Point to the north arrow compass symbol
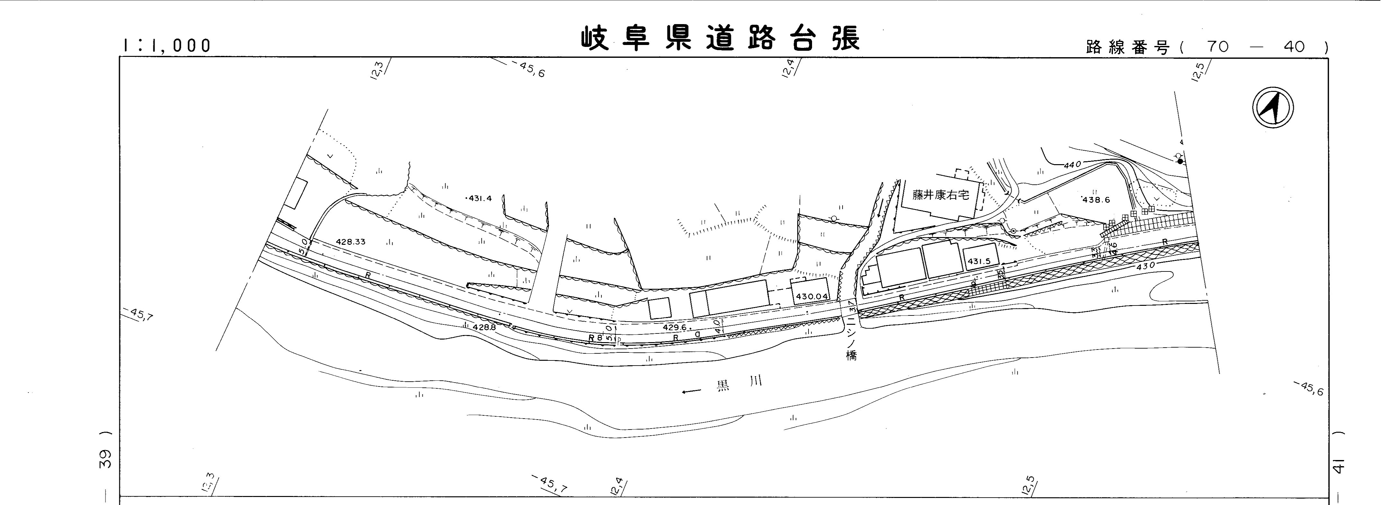1273,108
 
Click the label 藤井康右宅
941,196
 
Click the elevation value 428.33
350,242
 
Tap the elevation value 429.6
674,327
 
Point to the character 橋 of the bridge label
851,355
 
